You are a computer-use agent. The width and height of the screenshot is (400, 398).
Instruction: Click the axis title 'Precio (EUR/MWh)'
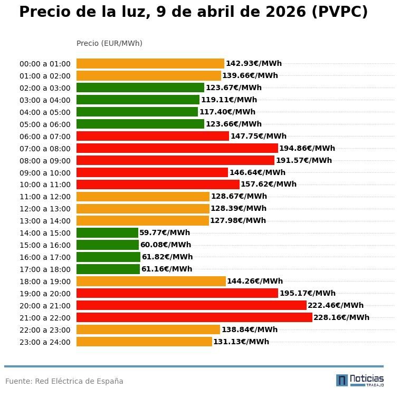pos(109,43)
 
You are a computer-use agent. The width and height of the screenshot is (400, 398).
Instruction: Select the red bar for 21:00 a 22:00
pos(194,317)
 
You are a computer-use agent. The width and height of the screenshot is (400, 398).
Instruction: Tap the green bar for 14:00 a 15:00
pos(107,232)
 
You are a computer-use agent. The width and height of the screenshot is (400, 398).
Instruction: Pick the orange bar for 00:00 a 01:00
pos(150,64)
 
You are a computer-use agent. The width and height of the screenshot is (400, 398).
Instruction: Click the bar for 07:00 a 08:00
pos(177,148)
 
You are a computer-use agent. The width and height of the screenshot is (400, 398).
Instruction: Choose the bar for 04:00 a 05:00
pos(137,112)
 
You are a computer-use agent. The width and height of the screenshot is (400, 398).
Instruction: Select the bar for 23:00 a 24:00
pos(144,342)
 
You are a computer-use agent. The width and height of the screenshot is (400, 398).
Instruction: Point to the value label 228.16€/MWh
pos(341,317)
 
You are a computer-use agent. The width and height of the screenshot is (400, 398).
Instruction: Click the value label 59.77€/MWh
pos(165,232)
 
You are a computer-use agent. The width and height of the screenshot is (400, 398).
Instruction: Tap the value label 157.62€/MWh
pos(269,185)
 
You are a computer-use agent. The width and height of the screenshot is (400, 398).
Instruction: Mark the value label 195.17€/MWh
pos(307,293)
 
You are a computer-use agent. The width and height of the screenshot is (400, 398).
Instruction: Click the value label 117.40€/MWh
pos(227,112)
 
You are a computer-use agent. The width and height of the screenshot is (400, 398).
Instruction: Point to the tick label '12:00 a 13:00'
pos(45,209)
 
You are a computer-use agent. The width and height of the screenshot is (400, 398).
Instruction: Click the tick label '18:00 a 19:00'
pos(45,281)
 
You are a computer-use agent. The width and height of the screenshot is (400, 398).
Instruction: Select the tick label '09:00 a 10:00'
pos(45,172)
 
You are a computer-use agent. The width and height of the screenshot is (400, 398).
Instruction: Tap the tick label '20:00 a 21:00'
pos(45,306)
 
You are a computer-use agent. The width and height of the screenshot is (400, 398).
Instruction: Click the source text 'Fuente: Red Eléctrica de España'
pos(64,381)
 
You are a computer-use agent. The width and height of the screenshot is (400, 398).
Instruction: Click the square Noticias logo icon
pos(342,380)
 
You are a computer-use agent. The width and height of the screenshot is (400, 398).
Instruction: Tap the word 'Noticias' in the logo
pos(367,378)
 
